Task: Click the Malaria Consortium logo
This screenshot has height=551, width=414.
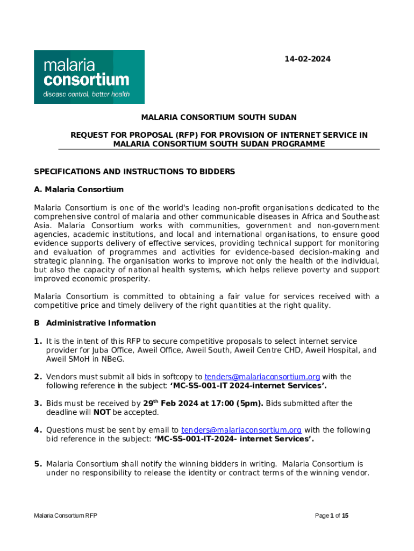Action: [x=89, y=77]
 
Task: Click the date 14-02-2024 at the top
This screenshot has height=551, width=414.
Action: [x=308, y=59]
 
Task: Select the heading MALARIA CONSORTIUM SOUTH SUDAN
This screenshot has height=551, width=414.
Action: [x=219, y=117]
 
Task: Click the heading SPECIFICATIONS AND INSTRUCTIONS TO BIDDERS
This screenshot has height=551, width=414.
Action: [x=134, y=172]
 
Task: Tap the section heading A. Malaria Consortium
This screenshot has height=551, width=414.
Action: [x=79, y=189]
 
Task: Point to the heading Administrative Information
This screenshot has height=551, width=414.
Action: [x=101, y=323]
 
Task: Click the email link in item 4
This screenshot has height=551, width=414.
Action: [x=241, y=430]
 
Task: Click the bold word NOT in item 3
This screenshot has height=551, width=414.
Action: [x=102, y=412]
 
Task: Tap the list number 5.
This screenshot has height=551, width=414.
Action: [x=38, y=464]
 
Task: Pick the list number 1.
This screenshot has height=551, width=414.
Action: [x=38, y=341]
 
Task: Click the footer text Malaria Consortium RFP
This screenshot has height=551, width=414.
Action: [x=66, y=515]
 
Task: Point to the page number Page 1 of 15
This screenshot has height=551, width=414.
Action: [x=332, y=515]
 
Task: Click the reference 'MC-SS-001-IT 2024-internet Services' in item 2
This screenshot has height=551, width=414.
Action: [x=240, y=385]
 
